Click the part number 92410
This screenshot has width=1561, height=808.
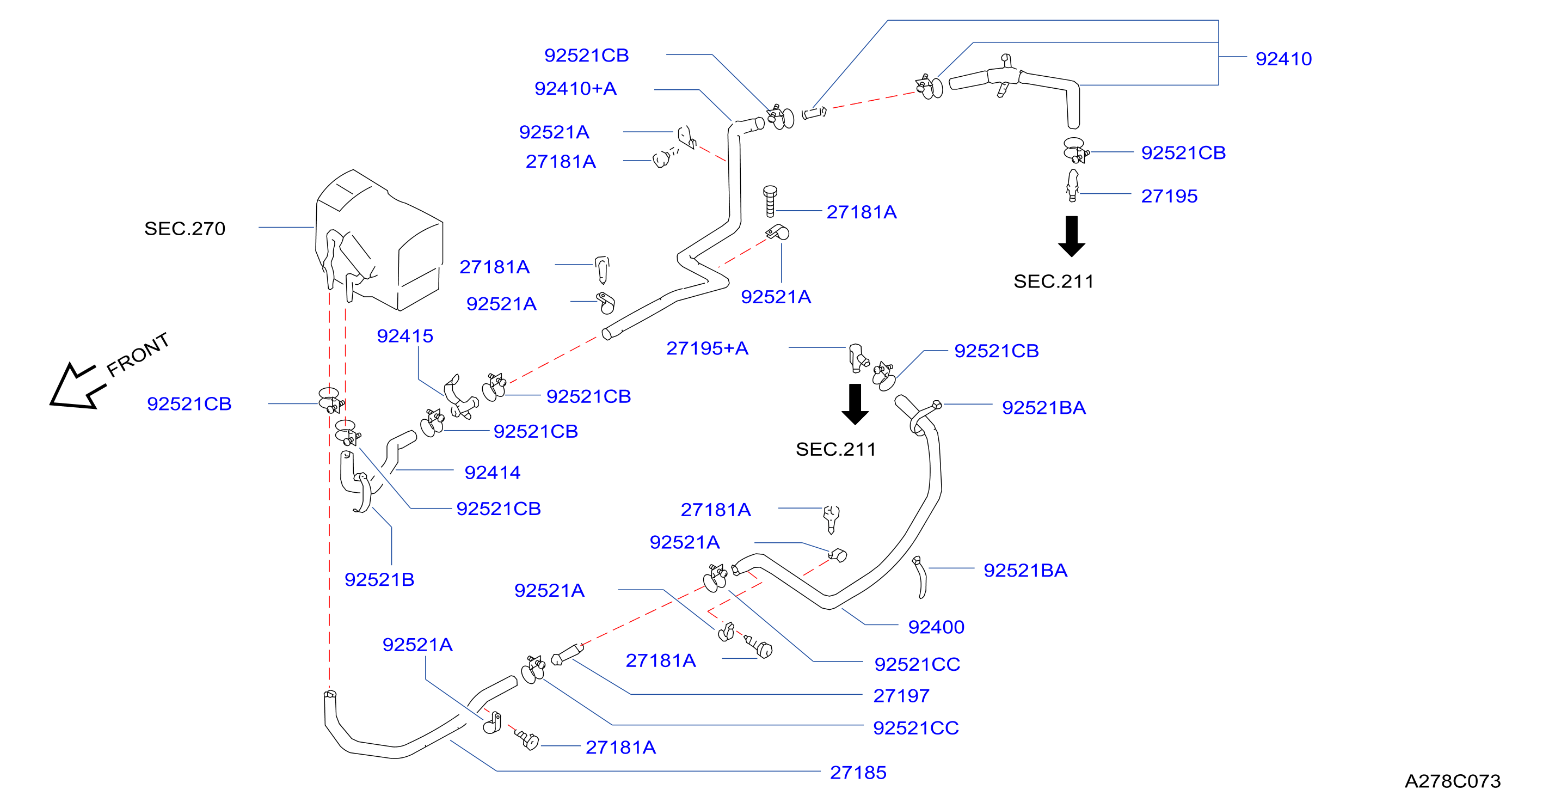click(1283, 59)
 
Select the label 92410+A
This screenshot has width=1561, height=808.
click(575, 89)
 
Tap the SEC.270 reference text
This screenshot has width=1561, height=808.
click(185, 229)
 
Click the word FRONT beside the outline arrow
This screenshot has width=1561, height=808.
click(138, 354)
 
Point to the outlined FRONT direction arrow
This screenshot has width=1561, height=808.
click(78, 387)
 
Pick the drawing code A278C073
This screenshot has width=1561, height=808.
click(1453, 781)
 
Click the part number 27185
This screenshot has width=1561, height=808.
click(858, 772)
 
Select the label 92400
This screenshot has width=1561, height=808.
click(936, 627)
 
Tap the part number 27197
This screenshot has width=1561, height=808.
click(901, 696)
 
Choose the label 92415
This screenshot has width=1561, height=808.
click(405, 336)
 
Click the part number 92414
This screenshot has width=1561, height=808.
click(492, 472)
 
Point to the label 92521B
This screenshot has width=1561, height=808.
click(379, 579)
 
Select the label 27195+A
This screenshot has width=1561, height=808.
click(707, 348)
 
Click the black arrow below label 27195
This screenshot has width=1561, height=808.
click(1071, 236)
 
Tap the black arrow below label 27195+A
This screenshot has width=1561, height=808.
click(855, 405)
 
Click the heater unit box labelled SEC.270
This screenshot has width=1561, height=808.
click(379, 240)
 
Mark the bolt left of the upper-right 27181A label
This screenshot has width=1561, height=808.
click(770, 201)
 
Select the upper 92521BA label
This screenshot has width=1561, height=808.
click(1043, 407)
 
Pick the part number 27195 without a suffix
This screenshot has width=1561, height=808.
click(1169, 196)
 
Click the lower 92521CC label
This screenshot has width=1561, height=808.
click(915, 727)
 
